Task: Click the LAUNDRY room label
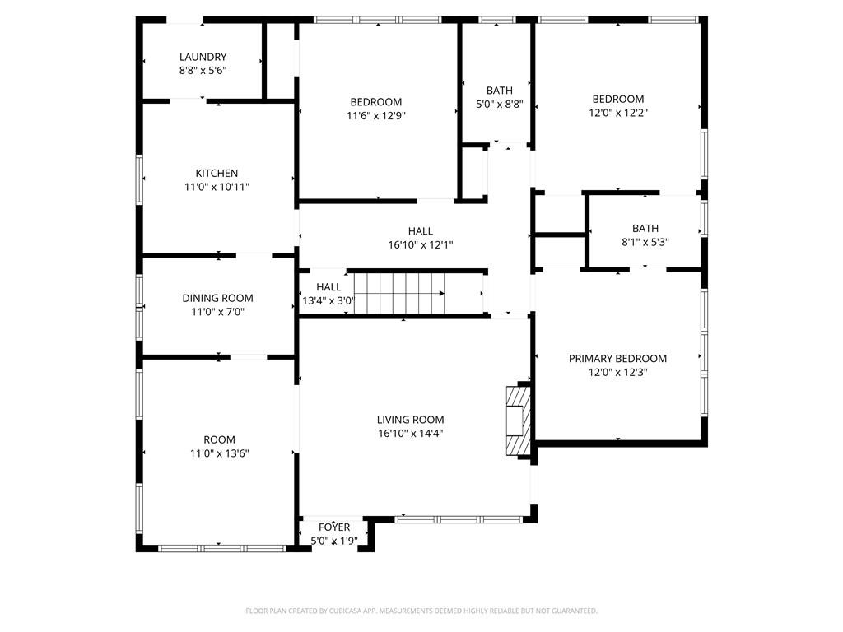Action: (203, 57)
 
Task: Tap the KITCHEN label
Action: (217, 174)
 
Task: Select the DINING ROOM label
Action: (217, 298)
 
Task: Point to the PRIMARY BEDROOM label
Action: (617, 359)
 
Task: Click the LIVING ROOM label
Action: (410, 420)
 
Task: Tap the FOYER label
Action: (334, 527)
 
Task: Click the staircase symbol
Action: (395, 293)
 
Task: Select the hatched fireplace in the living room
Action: (517, 420)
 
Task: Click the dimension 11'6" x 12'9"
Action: (375, 116)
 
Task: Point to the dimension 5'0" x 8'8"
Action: (499, 105)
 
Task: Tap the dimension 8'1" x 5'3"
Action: (645, 242)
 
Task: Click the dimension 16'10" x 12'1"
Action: (420, 244)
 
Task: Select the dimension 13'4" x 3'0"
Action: (328, 300)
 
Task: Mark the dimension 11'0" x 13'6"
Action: (219, 453)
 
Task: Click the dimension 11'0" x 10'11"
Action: (217, 187)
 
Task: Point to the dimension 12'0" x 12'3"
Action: (617, 372)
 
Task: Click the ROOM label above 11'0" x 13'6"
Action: (219, 439)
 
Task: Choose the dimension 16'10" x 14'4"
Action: (410, 433)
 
